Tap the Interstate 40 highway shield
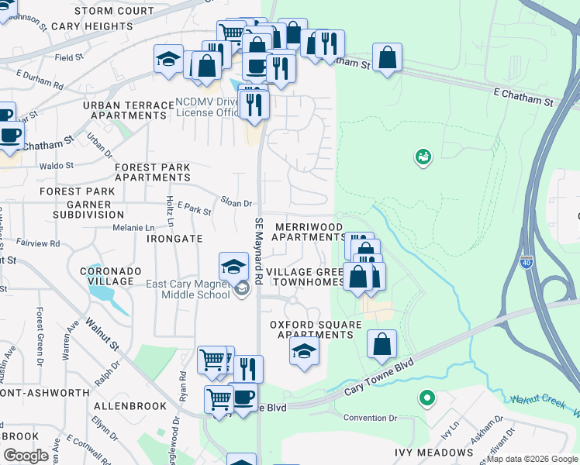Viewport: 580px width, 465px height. click(526, 263)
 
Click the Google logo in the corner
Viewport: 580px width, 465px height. click(26, 455)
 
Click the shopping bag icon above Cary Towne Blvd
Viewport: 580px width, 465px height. click(381, 345)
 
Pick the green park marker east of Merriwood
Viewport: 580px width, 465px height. click(423, 157)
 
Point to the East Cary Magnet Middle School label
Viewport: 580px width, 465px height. click(188, 289)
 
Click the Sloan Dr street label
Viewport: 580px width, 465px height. click(236, 203)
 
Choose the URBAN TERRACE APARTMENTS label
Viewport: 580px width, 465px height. click(129, 110)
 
